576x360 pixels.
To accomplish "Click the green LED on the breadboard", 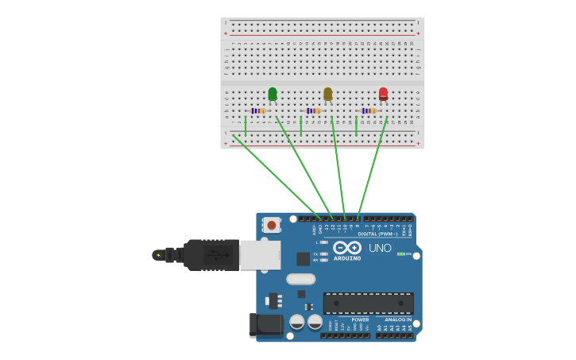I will [x=273, y=94].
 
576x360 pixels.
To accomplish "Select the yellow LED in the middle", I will [x=327, y=94].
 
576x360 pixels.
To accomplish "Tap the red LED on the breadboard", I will [x=383, y=94].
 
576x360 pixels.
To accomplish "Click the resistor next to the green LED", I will [x=259, y=110].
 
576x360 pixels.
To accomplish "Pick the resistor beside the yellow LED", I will [x=315, y=110].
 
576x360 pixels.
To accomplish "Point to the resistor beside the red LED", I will [x=370, y=110].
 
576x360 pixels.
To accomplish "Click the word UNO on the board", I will [x=380, y=248].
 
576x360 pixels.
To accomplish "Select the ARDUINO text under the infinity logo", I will [x=347, y=258].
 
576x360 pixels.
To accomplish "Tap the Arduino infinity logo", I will [x=347, y=247].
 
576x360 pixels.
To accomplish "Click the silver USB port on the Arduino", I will [x=260, y=255].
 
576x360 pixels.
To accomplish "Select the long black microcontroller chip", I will [x=368, y=303].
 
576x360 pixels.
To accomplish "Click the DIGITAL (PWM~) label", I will [x=378, y=234].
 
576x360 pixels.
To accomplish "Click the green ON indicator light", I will [x=401, y=254].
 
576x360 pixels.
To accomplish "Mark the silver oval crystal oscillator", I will [x=301, y=279].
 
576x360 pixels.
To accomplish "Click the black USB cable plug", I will [x=211, y=255].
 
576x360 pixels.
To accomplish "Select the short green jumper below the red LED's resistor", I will [x=357, y=126].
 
